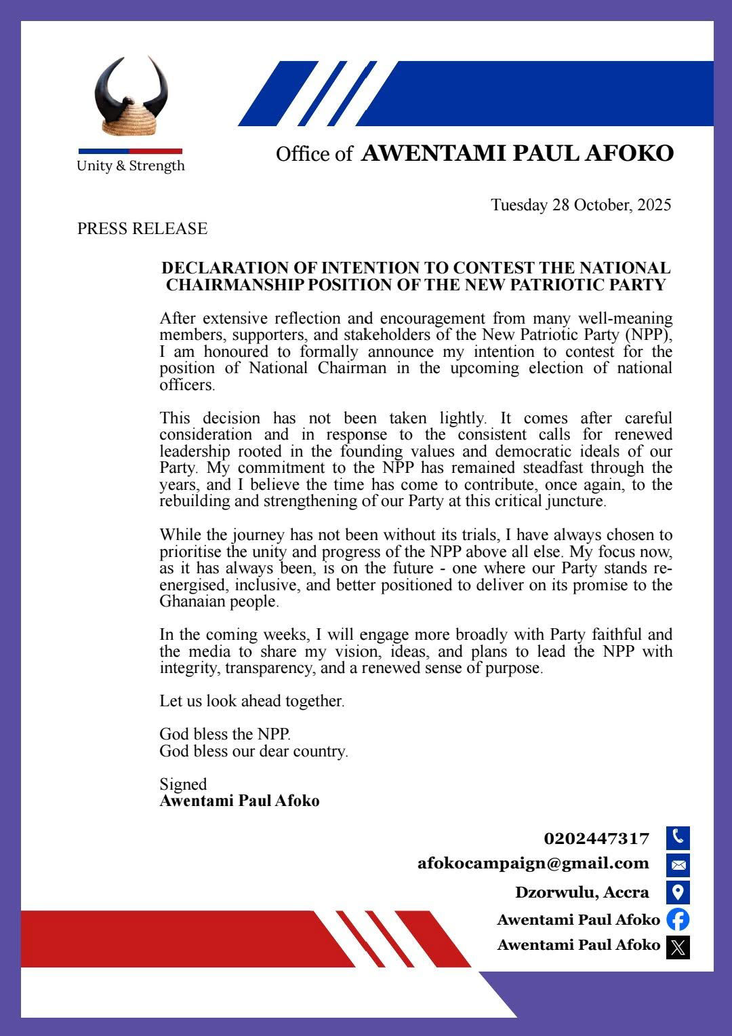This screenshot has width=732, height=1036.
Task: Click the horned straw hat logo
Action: point(131,96)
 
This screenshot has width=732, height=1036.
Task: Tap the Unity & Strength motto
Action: point(130,166)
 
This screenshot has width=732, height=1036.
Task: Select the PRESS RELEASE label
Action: point(142,229)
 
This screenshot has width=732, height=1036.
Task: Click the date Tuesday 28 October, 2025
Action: point(581,205)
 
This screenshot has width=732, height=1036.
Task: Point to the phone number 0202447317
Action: point(596,839)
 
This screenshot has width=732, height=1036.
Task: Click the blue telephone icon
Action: point(678,838)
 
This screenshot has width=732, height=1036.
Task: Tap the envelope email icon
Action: point(678,865)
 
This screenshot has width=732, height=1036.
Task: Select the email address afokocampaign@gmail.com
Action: point(533,864)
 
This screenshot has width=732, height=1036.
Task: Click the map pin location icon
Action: point(678,892)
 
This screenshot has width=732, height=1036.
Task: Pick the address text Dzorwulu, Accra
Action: point(582,892)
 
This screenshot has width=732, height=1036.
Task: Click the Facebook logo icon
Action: point(678,919)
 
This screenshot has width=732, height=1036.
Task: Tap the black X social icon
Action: point(678,946)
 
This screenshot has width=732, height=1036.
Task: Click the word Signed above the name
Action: point(183,784)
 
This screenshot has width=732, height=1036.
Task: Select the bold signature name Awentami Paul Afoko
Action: point(239,801)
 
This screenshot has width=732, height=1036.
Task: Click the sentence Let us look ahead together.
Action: point(252,701)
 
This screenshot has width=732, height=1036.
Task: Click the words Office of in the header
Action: point(314,155)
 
